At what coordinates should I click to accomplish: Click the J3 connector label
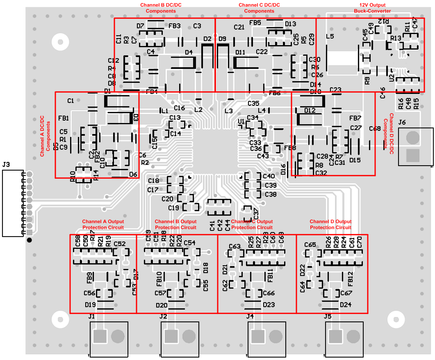coord(6,165)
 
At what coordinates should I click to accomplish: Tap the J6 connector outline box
coord(415,147)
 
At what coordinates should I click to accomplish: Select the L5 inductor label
coord(330,36)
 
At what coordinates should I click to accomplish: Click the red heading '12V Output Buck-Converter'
coord(372,8)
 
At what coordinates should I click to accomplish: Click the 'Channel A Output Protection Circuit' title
coord(103,224)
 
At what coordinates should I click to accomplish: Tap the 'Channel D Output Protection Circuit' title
coord(330,224)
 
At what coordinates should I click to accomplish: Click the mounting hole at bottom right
coord(396,319)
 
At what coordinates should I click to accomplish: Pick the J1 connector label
coord(91,316)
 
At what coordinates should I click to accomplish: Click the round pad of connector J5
coord(353,336)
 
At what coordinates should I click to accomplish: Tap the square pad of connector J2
coord(170,336)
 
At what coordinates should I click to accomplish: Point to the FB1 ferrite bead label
coord(64,118)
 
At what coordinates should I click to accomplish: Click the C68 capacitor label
coord(374,129)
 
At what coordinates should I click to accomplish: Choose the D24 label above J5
coord(346,305)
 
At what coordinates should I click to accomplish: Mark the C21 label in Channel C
coord(239,27)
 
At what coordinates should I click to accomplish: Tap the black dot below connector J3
coord(29,239)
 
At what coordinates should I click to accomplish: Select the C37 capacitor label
coord(256,213)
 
